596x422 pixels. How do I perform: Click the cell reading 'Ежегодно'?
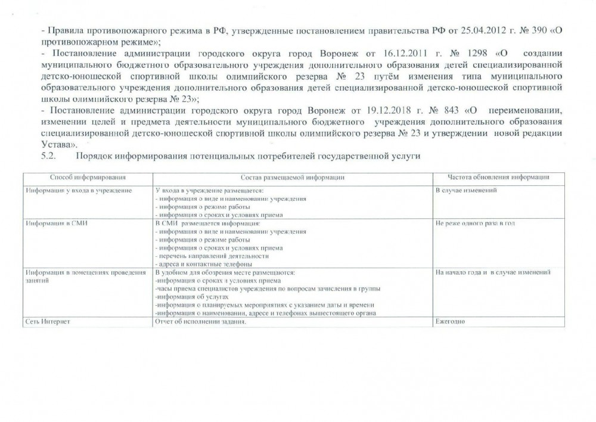pos(450,322)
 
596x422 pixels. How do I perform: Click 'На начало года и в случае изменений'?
pos(493,272)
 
